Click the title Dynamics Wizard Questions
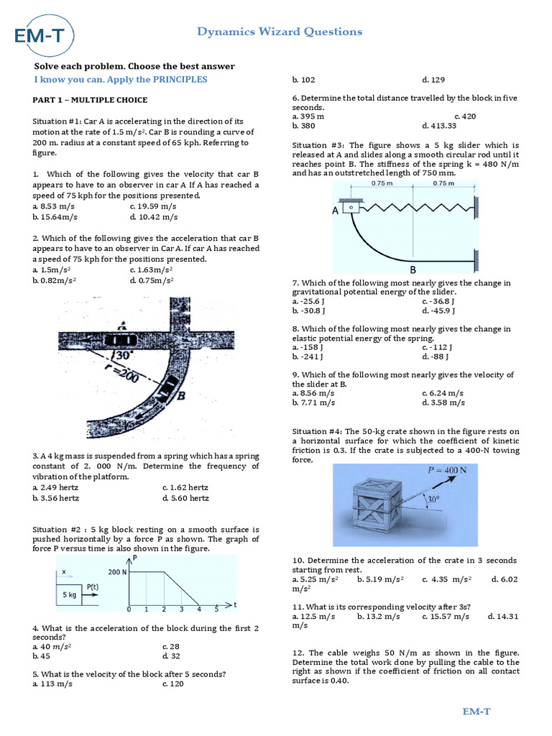coord(280,32)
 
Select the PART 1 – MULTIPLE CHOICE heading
coord(90,100)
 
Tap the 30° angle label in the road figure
coord(123,355)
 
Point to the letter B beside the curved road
coord(182,395)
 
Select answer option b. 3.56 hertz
coord(56,497)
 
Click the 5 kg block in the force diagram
coord(70,594)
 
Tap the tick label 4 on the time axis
coord(198,609)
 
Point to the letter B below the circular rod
coord(413,270)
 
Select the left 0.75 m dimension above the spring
coord(382,183)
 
